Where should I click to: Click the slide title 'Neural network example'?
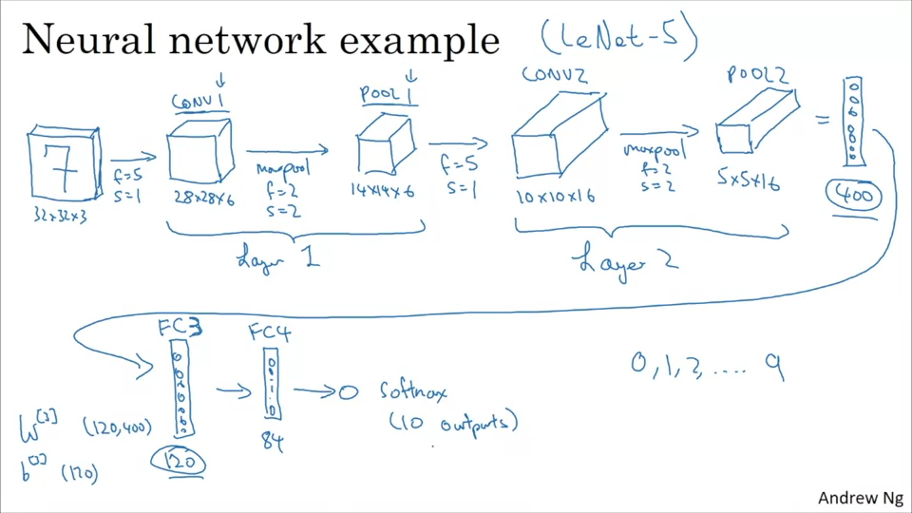(x=259, y=40)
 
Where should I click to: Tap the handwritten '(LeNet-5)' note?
(x=618, y=38)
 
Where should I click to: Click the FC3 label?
(x=180, y=329)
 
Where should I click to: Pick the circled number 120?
(x=180, y=461)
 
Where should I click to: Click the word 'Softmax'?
(x=413, y=390)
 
